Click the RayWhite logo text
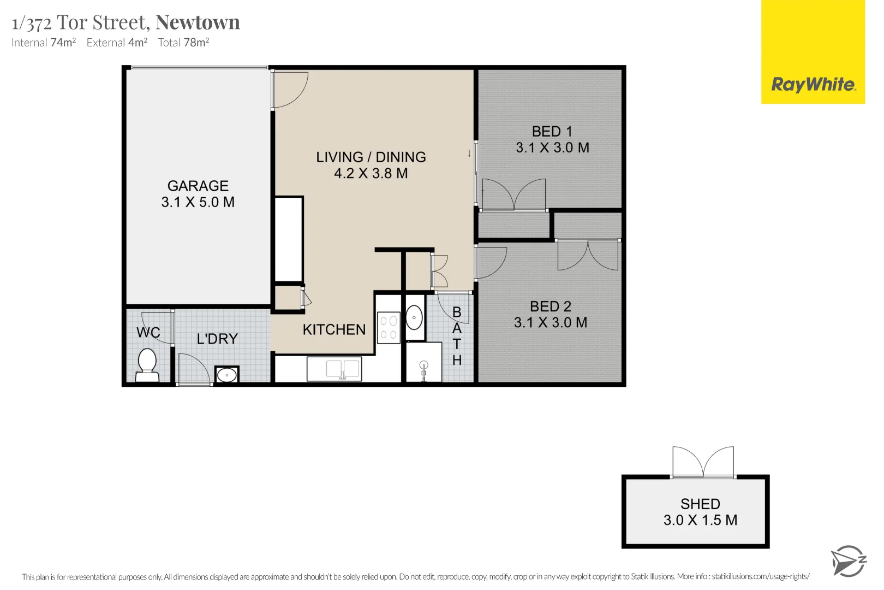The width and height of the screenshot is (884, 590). [813, 85]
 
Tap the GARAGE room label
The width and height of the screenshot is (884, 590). [198, 186]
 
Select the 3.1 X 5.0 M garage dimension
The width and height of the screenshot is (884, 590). [198, 202]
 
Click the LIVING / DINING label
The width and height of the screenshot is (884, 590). [371, 157]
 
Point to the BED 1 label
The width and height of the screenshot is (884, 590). [552, 132]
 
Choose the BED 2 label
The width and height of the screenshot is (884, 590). [551, 306]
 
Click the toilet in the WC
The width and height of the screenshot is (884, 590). [147, 365]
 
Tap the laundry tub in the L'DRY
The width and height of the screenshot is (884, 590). [226, 375]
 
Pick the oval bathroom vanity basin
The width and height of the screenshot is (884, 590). [414, 317]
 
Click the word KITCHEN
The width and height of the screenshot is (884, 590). [334, 330]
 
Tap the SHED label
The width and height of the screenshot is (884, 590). [700, 504]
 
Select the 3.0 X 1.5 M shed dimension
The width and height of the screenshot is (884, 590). [700, 520]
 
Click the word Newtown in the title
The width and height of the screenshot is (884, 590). [198, 22]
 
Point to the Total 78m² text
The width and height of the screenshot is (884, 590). [183, 43]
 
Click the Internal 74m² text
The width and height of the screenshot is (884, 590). [44, 43]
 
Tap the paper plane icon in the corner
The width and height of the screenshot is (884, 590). [847, 561]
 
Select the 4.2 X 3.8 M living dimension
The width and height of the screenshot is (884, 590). [371, 174]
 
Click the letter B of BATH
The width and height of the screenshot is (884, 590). [457, 312]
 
